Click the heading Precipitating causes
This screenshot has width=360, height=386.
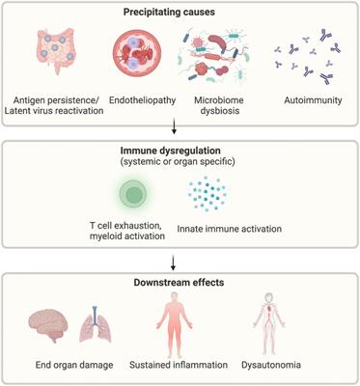click(x=179, y=11)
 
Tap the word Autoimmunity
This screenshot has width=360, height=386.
click(x=304, y=100)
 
